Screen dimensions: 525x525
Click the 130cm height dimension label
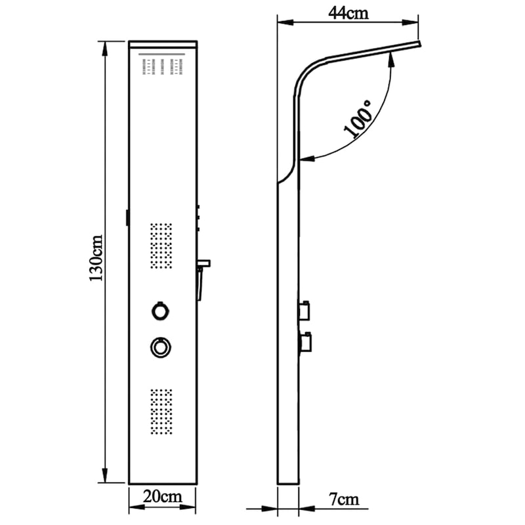(95, 259)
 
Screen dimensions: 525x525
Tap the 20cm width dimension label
(163, 496)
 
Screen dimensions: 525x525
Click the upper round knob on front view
(160, 310)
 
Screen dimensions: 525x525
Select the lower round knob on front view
(160, 346)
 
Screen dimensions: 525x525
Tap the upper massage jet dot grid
(161, 246)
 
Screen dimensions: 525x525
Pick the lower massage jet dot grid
(161, 411)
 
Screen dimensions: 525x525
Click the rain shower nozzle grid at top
(162, 66)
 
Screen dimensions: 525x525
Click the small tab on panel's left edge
(127, 217)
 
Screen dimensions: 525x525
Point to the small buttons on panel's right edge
(198, 219)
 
